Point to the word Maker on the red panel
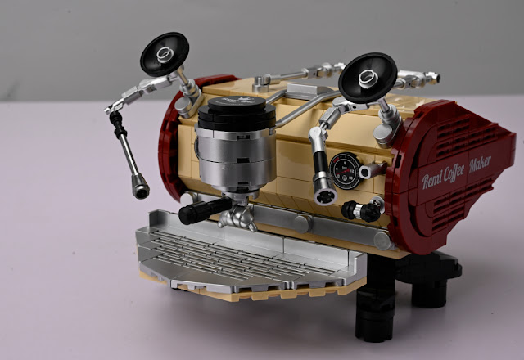click(x=481, y=164)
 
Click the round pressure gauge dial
click(x=345, y=171)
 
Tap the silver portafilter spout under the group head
click(x=238, y=217)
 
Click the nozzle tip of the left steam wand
click(x=140, y=187)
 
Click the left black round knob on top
click(x=165, y=53)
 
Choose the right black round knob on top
click(x=368, y=78)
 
